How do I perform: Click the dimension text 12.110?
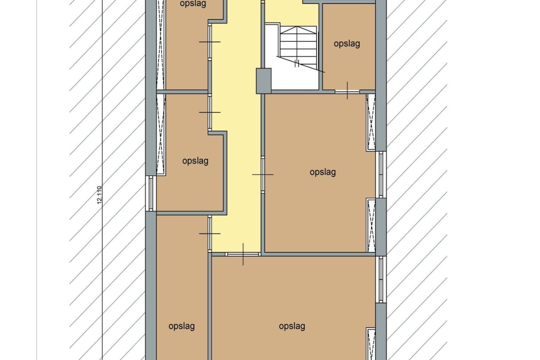pyautogui.click(x=100, y=195)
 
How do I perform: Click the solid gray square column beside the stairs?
pyautogui.click(x=263, y=81)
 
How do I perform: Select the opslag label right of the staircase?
pyautogui.click(x=347, y=44)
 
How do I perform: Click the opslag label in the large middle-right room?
pyautogui.click(x=323, y=172)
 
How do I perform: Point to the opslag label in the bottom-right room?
pyautogui.click(x=292, y=326)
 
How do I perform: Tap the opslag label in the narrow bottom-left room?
pyautogui.click(x=181, y=326)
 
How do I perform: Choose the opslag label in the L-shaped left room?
pyautogui.click(x=195, y=161)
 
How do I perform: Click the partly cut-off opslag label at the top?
pyautogui.click(x=193, y=4)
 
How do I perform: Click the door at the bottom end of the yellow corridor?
pyautogui.click(x=243, y=254)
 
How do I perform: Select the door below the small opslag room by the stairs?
pyautogui.click(x=347, y=91)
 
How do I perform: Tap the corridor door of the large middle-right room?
pyautogui.click(x=263, y=174)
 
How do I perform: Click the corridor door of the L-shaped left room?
pyautogui.click(x=210, y=112)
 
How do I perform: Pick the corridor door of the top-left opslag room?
pyautogui.click(x=210, y=42)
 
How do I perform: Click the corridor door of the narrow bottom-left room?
pyautogui.click(x=210, y=233)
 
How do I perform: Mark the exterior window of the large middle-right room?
pyautogui.click(x=381, y=175)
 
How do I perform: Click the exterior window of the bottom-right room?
pyautogui.click(x=381, y=279)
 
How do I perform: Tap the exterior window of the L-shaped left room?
pyautogui.click(x=151, y=194)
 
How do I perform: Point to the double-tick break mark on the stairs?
pyautogui.click(x=297, y=63)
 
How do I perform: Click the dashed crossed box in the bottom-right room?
pyautogui.click(x=371, y=344)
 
